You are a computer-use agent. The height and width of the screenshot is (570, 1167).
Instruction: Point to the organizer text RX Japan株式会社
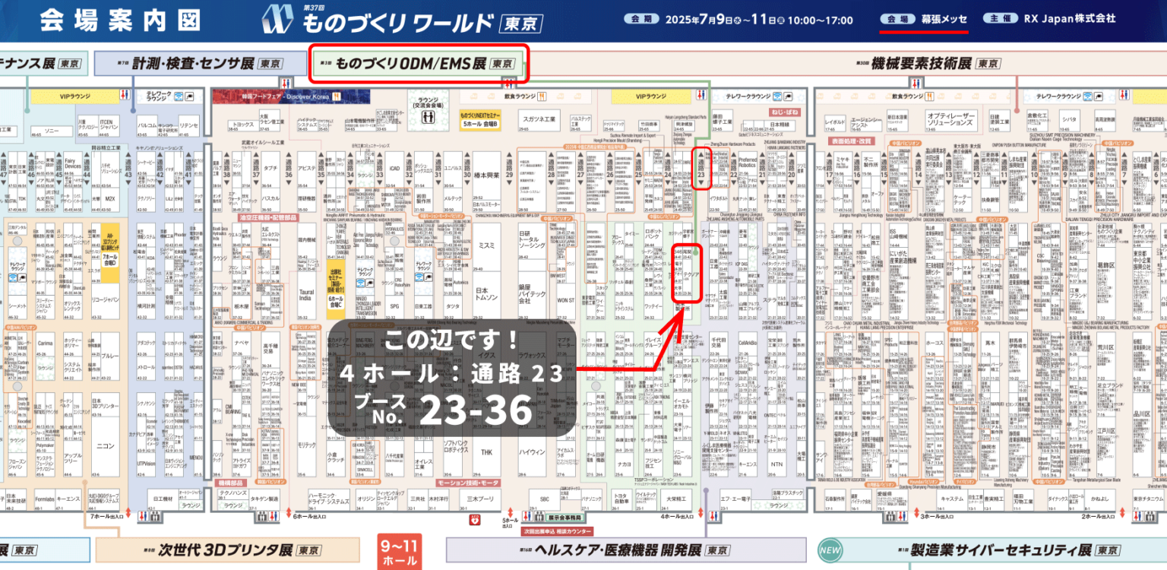click(x=1070, y=18)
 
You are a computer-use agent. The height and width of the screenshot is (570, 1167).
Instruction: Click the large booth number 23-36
click(x=476, y=411)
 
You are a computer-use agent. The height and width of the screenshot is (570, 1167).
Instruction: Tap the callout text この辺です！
click(x=451, y=338)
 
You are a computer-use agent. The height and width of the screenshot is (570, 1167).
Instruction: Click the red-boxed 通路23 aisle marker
click(x=701, y=169)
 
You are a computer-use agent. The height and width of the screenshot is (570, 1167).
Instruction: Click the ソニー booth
click(x=52, y=131)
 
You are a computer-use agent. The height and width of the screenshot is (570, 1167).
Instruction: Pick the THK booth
click(x=487, y=452)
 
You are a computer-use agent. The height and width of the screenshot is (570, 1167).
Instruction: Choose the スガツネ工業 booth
click(x=540, y=119)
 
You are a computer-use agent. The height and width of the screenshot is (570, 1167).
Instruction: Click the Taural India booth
click(x=305, y=294)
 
